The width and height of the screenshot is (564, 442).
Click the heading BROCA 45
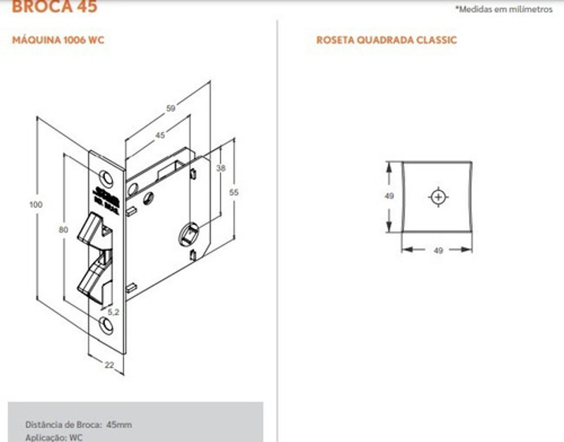[55, 7]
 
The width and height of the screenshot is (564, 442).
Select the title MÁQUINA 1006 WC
[59, 40]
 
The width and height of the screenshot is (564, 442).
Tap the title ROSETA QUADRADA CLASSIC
[386, 40]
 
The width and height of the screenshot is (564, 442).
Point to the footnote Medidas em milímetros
[506, 9]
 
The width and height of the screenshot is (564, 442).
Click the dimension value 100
[36, 204]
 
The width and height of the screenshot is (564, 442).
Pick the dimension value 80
[63, 229]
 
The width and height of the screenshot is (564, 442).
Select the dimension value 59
[171, 109]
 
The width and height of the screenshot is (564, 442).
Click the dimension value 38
[220, 168]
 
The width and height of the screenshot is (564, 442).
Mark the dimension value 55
[235, 191]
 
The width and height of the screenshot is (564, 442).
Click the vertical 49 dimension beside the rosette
[388, 197]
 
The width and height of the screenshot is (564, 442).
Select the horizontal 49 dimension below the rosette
[438, 250]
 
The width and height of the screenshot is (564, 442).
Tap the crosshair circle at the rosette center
[438, 197]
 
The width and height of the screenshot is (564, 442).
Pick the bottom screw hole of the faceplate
[106, 324]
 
